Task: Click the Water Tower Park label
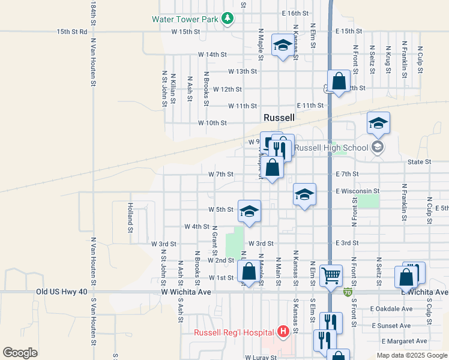tap(184, 19)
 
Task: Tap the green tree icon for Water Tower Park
tap(227, 19)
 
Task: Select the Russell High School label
tap(332, 147)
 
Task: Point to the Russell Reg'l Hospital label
tap(234, 332)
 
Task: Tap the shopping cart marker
tap(331, 276)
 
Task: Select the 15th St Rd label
tap(72, 31)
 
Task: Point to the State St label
tap(420, 162)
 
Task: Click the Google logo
tap(20, 353)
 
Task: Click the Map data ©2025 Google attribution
tap(412, 355)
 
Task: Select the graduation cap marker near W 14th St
tap(282, 46)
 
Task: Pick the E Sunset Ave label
tap(391, 326)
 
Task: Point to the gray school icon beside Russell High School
tap(377, 147)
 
